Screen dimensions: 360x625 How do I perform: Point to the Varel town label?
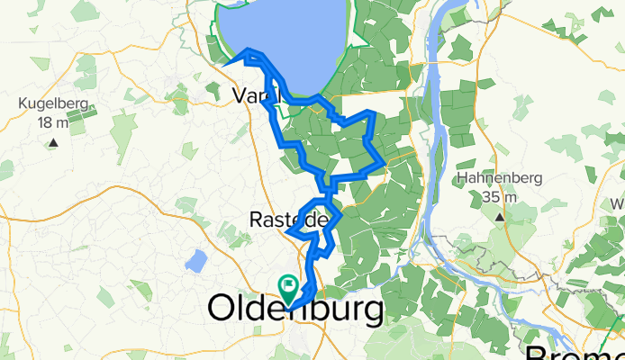[256, 94]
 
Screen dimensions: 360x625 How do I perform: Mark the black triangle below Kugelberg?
[53, 142]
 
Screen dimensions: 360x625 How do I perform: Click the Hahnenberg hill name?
[499, 178]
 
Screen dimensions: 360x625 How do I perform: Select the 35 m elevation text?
[499, 196]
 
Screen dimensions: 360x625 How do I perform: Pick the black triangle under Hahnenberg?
[499, 217]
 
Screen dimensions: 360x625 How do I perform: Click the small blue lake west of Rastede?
[195, 261]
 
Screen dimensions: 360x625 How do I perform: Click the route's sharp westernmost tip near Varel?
[223, 63]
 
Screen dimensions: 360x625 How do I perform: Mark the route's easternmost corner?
[385, 163]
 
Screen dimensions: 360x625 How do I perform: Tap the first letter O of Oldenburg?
[223, 310]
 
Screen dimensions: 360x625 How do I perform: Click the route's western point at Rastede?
[287, 232]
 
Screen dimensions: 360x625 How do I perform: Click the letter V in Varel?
[240, 94]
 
